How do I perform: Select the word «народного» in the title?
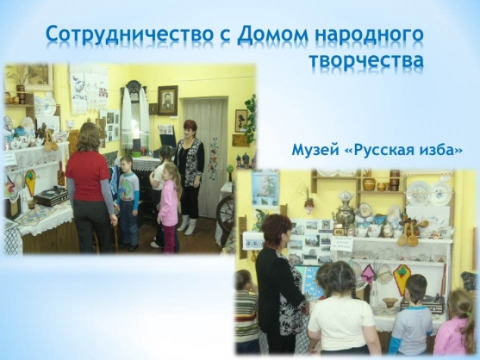[369, 36]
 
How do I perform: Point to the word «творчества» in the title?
[366, 59]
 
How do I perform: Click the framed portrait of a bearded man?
[167, 101]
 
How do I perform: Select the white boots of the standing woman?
[186, 224]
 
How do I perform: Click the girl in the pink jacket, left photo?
[169, 207]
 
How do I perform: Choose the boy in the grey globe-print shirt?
[129, 202]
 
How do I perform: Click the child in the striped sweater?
[246, 312]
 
